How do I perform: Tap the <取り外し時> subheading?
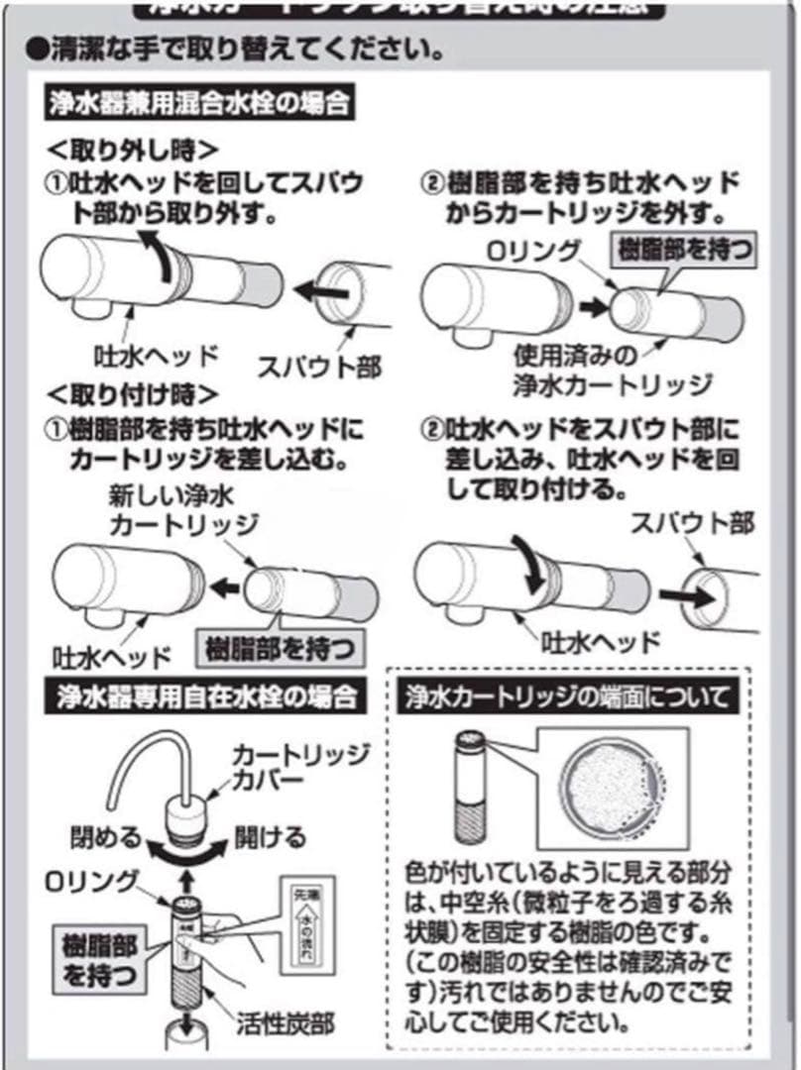click(x=133, y=150)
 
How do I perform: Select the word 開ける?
click(x=270, y=837)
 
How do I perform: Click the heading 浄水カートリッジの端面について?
click(x=569, y=695)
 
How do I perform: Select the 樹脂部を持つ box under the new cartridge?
click(x=278, y=649)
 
